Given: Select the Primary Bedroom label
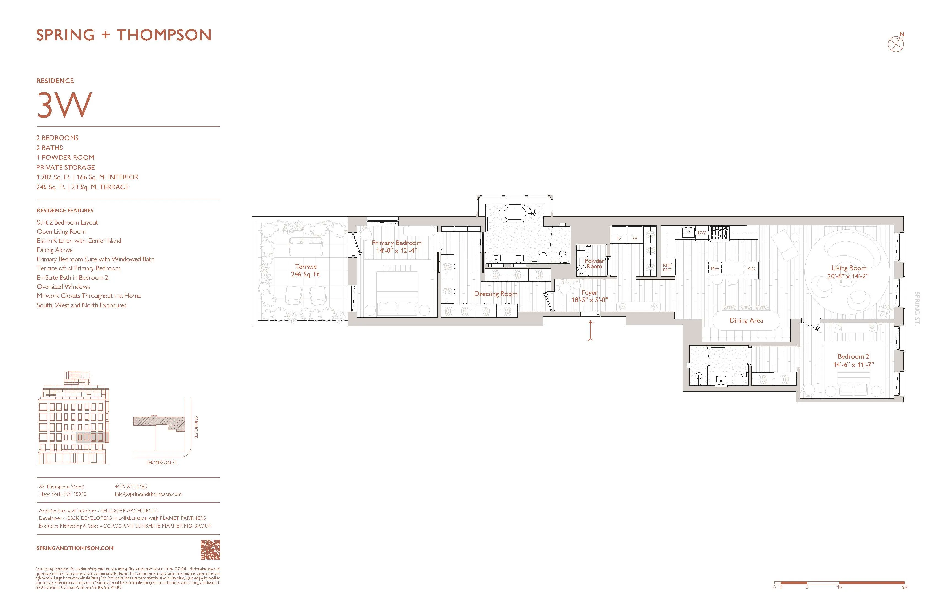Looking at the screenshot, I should [x=397, y=243].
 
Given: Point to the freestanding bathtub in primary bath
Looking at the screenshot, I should [x=515, y=213].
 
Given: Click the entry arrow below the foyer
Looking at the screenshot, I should [x=591, y=330].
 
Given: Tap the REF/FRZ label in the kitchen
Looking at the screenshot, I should [x=667, y=268].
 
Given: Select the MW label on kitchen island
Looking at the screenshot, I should [x=715, y=268].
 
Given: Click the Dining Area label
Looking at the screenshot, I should [x=746, y=320].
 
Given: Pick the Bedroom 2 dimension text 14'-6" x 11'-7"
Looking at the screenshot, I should [x=853, y=364].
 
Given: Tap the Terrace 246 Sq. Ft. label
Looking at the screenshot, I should [x=306, y=270].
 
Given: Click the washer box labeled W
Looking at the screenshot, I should [x=635, y=238].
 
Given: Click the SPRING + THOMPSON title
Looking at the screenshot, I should [x=124, y=35].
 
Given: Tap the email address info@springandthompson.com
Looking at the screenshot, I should [x=148, y=494].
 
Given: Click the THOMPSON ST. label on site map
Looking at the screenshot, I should [x=162, y=462].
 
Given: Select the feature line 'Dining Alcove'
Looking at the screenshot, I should [x=55, y=250].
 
